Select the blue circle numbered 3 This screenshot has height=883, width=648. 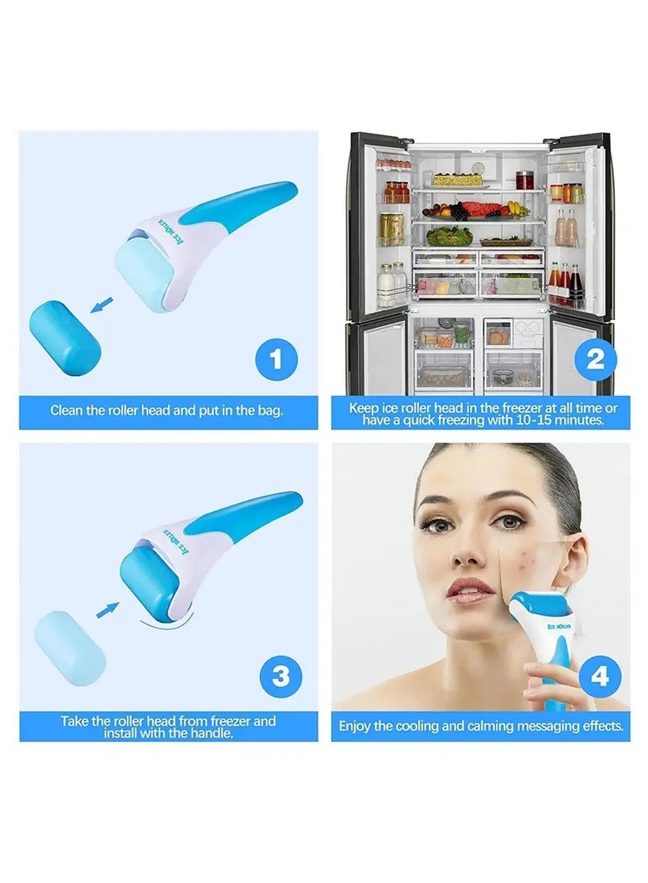point(280,676)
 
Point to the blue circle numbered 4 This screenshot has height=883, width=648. point(599,676)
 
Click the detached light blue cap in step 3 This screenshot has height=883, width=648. point(70,648)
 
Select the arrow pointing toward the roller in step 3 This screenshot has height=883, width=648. point(107,608)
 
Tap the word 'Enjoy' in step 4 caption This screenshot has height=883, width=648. point(356,727)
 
